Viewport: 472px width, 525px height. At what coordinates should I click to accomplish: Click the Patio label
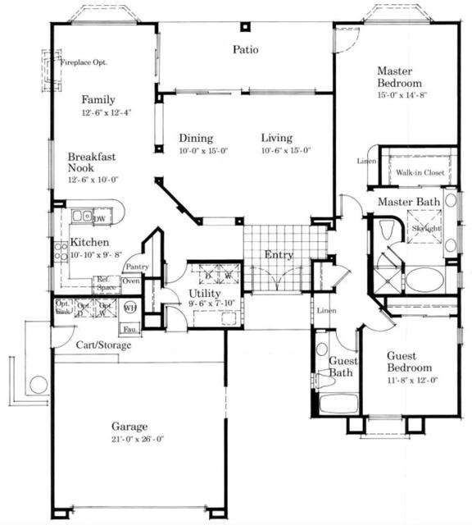pos(245,50)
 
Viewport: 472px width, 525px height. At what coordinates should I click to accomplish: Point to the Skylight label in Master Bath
pos(426,228)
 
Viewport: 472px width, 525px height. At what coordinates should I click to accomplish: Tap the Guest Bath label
pos(340,367)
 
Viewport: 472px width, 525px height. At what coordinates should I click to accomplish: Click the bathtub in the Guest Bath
pos(338,404)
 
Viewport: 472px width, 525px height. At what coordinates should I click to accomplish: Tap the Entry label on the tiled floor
pos(279,255)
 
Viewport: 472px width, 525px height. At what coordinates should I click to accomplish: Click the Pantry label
pos(137,267)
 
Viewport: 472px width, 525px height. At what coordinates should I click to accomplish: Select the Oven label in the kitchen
pos(131,281)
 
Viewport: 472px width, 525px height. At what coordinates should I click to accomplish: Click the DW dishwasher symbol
pos(99,218)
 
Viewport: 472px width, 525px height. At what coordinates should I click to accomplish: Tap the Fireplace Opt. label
pos(84,62)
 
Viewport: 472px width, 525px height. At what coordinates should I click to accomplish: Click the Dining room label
pos(196,139)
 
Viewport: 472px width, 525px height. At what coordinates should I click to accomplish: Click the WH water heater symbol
pos(128,308)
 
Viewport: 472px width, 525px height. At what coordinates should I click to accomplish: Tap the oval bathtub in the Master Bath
pos(424,279)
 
